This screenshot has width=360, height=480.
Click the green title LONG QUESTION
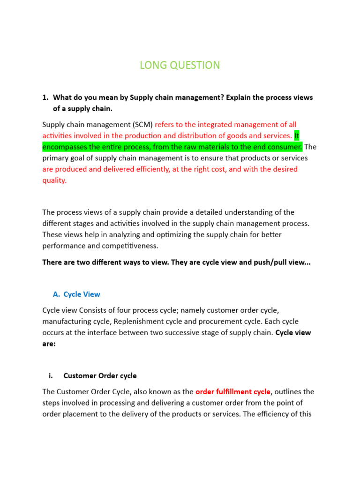click(180, 65)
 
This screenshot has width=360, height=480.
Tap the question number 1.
click(45, 97)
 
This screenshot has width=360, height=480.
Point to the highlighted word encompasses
click(66, 147)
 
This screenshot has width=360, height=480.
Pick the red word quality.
click(54, 180)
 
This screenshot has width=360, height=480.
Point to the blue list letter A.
click(56, 294)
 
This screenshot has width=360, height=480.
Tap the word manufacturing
click(66, 322)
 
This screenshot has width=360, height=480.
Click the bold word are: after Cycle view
click(49, 344)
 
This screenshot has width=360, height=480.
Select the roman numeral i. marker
click(50, 375)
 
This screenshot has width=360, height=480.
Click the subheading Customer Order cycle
click(100, 375)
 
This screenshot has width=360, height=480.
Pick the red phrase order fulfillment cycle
click(232, 391)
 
